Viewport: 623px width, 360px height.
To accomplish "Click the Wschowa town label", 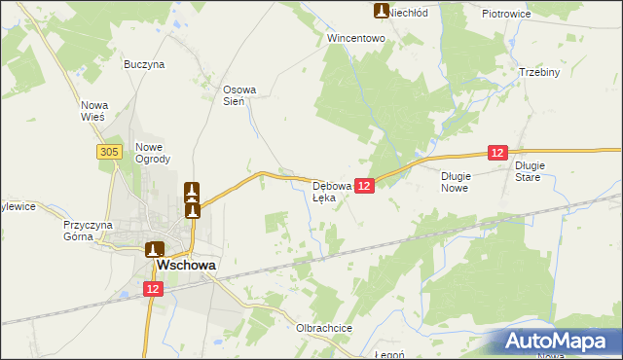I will pos(188,265).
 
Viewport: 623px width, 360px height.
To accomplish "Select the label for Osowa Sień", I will pos(239,94).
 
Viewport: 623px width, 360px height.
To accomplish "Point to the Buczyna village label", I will pos(144,64).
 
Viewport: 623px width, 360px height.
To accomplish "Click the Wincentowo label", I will pos(357,39).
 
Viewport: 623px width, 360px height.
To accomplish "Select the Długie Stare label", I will pos(533,171).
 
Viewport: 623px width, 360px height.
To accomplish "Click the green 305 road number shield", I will pos(108,151).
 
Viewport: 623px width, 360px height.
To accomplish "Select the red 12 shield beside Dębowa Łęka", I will pos(364,185).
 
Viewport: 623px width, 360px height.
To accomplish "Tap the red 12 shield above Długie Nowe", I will pos(497,153).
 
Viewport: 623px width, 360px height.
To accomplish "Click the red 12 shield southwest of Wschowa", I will pos(153,289).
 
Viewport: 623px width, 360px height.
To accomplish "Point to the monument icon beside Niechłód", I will pos(382,11).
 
